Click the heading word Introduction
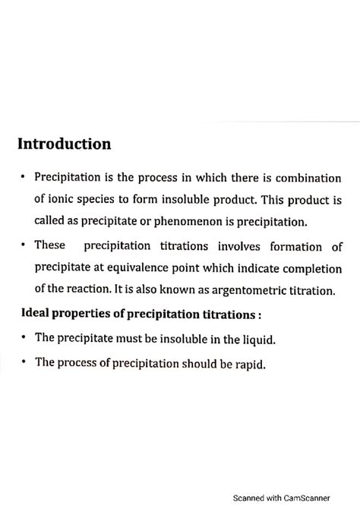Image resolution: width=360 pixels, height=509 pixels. (65, 144)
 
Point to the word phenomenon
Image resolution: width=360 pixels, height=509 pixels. (213, 222)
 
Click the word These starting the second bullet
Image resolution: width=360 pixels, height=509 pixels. (52, 246)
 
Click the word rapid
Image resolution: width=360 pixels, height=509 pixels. (250, 364)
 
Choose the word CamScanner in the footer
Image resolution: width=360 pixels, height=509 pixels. (303, 498)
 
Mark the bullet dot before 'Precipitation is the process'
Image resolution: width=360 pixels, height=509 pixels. (24, 177)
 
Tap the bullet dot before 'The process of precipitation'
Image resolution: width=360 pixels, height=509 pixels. (24, 362)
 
